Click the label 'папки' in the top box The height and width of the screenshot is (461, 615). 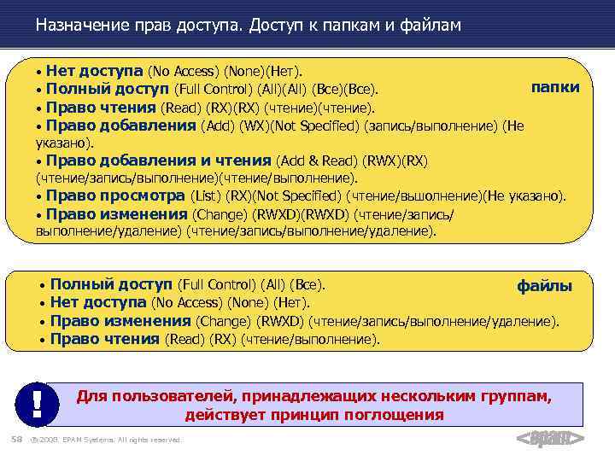tap(555, 87)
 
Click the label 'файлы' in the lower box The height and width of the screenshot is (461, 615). tap(544, 286)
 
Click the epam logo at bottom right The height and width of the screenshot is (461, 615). tap(550, 438)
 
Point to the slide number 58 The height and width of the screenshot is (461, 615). tap(15, 439)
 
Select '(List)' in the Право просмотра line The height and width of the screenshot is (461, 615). tap(205, 195)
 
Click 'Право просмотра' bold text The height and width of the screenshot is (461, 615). tap(115, 195)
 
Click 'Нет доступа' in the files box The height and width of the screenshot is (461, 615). tap(98, 302)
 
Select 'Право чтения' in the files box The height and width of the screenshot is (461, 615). tap(104, 339)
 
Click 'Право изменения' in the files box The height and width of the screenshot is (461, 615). tap(120, 321)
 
